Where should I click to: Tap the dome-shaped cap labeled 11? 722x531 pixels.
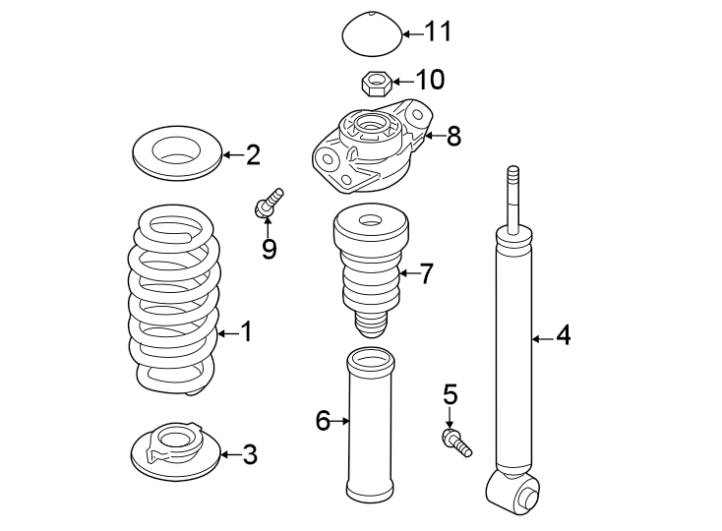coord(372,35)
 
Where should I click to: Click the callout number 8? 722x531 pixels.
coord(453,136)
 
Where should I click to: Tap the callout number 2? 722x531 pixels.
coord(253,154)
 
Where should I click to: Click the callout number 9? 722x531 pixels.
coord(269,249)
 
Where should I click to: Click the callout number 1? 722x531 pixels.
coord(246,333)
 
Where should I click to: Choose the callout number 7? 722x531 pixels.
coord(425,274)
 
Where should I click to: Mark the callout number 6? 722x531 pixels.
coord(322,422)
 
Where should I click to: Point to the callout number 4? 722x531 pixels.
coord(563,336)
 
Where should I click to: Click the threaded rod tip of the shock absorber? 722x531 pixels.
coord(511,187)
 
